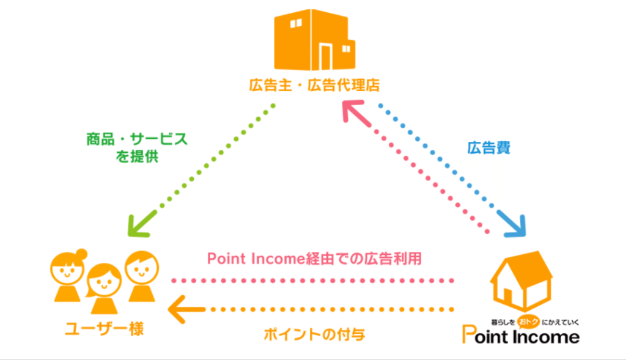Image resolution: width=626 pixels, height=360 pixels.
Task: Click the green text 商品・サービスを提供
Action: [x=136, y=147]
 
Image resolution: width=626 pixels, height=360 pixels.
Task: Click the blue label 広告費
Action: [x=488, y=147]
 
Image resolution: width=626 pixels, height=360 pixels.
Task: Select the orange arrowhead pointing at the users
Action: [x=179, y=308]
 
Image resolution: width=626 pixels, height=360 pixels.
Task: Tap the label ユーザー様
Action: [x=104, y=329]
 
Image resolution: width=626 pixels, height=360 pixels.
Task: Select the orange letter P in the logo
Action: [x=469, y=335]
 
